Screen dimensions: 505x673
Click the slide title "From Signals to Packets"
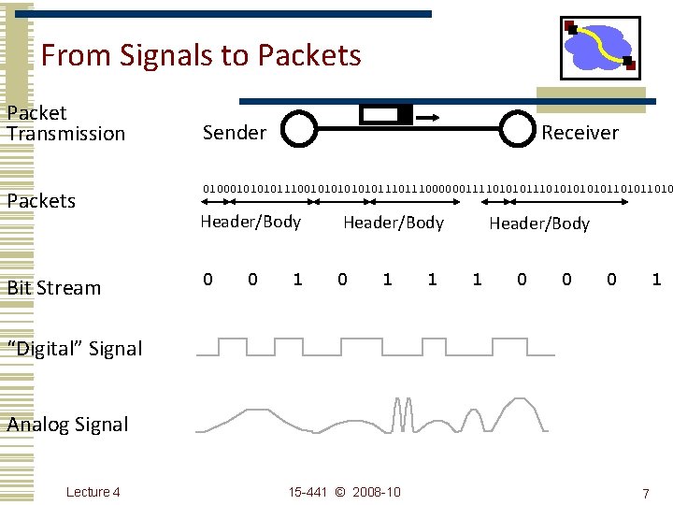click(x=201, y=55)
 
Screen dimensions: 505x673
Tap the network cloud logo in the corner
click(x=600, y=47)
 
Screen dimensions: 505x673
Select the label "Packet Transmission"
click(x=65, y=123)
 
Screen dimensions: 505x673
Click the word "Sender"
click(x=235, y=133)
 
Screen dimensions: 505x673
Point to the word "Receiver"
click(x=580, y=133)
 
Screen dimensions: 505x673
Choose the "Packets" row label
click(x=42, y=201)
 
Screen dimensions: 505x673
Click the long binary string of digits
click(x=437, y=187)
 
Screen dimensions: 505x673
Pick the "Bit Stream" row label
click(x=54, y=287)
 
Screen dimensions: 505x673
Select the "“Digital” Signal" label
click(x=75, y=349)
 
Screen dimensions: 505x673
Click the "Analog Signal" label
click(x=68, y=425)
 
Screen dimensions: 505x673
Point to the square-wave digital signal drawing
click(x=374, y=348)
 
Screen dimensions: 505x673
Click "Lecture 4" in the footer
click(x=93, y=492)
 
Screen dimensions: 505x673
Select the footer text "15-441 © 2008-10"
click(x=344, y=492)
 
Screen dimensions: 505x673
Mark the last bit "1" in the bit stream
click(x=656, y=279)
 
